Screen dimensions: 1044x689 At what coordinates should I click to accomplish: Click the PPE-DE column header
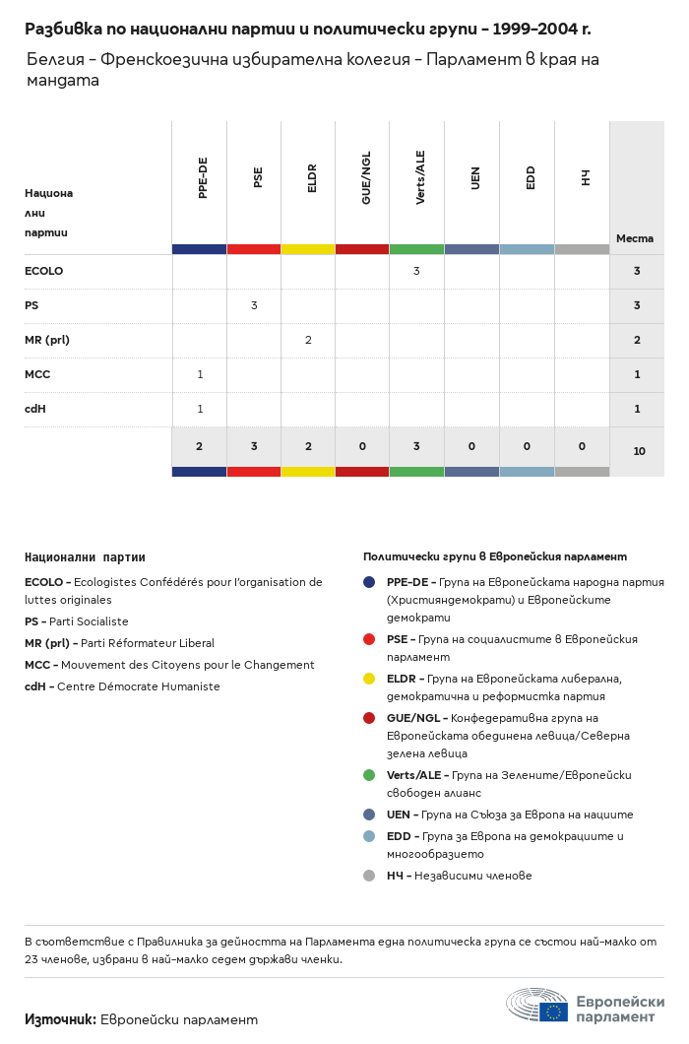click(203, 178)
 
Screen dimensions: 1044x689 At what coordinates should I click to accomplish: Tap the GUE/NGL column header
click(366, 178)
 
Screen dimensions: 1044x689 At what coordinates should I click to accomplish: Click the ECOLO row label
click(43, 271)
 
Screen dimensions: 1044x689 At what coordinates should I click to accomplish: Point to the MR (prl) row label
click(47, 340)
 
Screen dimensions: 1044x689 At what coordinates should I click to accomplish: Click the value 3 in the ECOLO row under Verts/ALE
click(416, 271)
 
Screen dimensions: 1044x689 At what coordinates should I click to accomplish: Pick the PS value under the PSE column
click(254, 305)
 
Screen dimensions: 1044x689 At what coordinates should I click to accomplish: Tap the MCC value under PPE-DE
click(200, 374)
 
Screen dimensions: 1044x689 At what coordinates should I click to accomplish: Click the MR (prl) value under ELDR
click(308, 340)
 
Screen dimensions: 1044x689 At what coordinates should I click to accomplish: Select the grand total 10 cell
click(639, 451)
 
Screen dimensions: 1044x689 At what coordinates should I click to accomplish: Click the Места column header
click(635, 238)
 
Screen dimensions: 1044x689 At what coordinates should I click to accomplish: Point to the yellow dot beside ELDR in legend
click(369, 679)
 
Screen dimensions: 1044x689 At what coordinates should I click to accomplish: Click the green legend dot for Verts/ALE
click(369, 775)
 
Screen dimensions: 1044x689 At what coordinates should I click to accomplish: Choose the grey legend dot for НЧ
click(369, 876)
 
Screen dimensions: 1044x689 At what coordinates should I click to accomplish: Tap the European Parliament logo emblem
click(537, 1005)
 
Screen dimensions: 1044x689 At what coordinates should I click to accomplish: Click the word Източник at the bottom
click(60, 1019)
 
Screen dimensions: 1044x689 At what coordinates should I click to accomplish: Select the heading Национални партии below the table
click(85, 557)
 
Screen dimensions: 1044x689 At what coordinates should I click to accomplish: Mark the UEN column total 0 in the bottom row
click(471, 446)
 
